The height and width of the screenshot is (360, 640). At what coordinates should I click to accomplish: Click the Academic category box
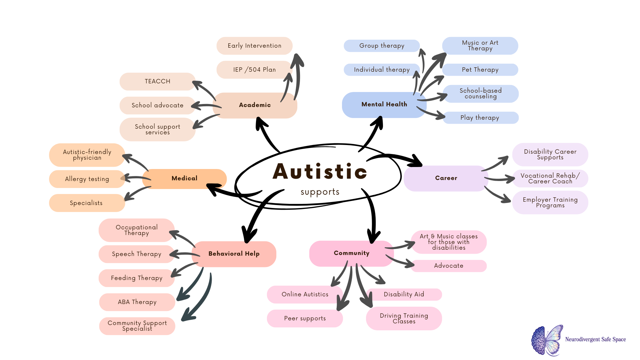(x=255, y=105)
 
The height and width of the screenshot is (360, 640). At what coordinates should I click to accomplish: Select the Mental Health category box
(x=384, y=105)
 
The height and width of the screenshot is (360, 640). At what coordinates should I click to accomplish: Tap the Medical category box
(x=184, y=179)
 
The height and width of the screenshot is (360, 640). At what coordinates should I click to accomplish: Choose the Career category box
(x=446, y=178)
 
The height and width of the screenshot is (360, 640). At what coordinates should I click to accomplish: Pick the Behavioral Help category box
(x=234, y=254)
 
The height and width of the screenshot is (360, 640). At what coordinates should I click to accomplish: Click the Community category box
(x=351, y=253)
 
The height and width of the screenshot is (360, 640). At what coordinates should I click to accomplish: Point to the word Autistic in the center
(x=320, y=172)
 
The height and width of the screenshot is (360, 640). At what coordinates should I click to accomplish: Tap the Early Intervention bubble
(x=254, y=46)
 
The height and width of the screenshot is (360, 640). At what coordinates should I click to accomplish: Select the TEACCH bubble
(x=157, y=82)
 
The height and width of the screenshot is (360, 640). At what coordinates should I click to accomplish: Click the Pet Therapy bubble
(x=480, y=70)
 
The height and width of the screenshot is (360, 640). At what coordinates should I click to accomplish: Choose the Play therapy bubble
(x=480, y=118)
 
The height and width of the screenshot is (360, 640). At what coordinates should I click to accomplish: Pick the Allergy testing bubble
(x=87, y=179)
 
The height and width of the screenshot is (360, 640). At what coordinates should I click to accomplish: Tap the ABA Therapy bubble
(x=137, y=302)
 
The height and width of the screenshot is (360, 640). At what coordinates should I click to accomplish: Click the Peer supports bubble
(x=305, y=318)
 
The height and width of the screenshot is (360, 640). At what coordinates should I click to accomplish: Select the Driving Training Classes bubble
(x=404, y=318)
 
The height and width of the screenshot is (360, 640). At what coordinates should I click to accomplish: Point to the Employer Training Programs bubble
(x=550, y=202)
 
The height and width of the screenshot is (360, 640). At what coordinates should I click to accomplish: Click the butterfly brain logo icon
(x=547, y=340)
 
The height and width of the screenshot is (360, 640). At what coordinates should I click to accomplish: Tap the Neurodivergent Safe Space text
(x=595, y=339)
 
